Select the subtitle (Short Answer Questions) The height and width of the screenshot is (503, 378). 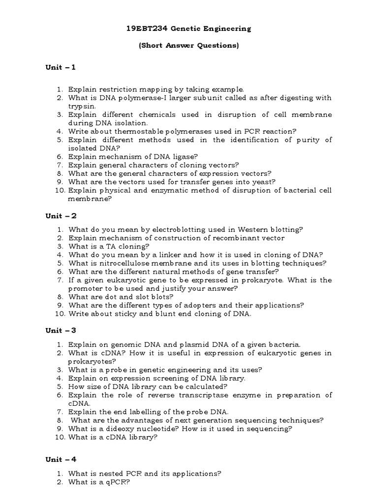coord(189,46)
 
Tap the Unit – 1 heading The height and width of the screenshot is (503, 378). coord(61,67)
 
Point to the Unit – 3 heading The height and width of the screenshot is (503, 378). coord(61,330)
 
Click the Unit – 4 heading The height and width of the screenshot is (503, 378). coord(61,459)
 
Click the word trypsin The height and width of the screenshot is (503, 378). coord(83,106)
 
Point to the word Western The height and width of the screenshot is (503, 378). coord(252,229)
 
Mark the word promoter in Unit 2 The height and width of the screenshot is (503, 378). coord(86,288)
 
